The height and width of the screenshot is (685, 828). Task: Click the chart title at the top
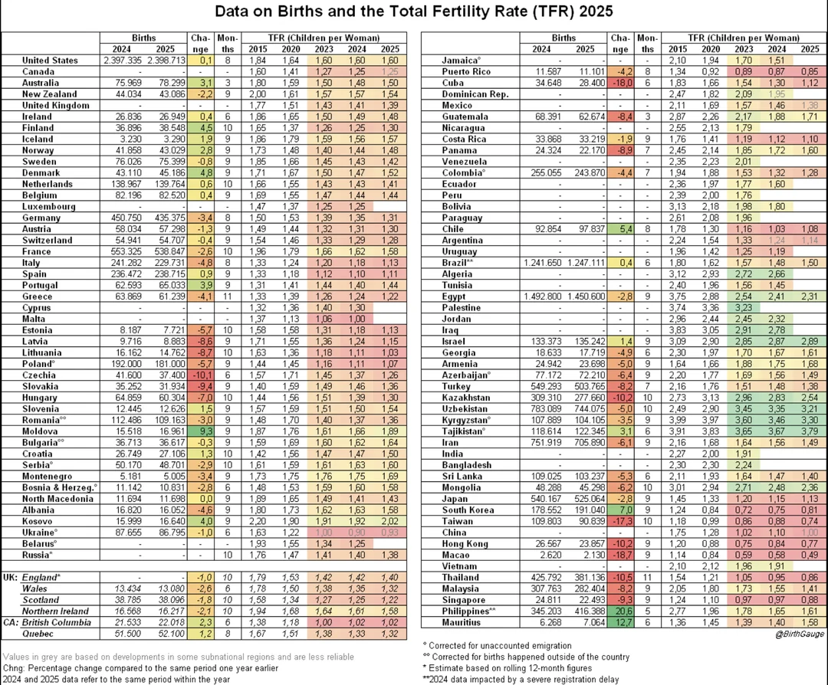pos(413,13)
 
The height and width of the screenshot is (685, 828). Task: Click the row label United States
pos(51,60)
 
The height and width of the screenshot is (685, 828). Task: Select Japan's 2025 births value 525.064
pos(583,498)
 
